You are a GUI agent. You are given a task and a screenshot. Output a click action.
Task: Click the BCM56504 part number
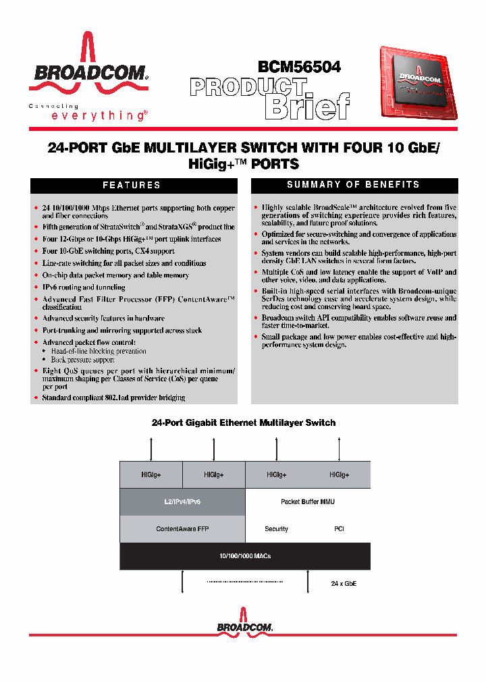(298, 67)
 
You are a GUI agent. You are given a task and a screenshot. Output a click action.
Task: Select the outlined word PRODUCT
(247, 88)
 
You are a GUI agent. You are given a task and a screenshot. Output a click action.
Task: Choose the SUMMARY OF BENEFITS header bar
(354, 185)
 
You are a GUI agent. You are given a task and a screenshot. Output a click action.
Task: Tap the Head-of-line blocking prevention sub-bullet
(99, 351)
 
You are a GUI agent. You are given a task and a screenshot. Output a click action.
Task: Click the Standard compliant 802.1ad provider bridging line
(113, 398)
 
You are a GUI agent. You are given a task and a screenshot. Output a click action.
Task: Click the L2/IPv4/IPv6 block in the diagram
(182, 501)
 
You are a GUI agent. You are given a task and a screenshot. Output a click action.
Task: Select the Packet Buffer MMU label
(307, 501)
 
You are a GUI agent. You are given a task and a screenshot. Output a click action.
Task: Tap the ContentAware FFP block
(182, 528)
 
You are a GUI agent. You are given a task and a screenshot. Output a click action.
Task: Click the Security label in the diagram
(277, 529)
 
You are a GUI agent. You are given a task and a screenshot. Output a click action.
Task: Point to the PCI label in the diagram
(339, 529)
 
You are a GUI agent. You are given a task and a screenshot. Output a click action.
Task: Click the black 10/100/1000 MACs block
(244, 555)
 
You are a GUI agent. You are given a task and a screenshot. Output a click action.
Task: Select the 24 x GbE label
(344, 582)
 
